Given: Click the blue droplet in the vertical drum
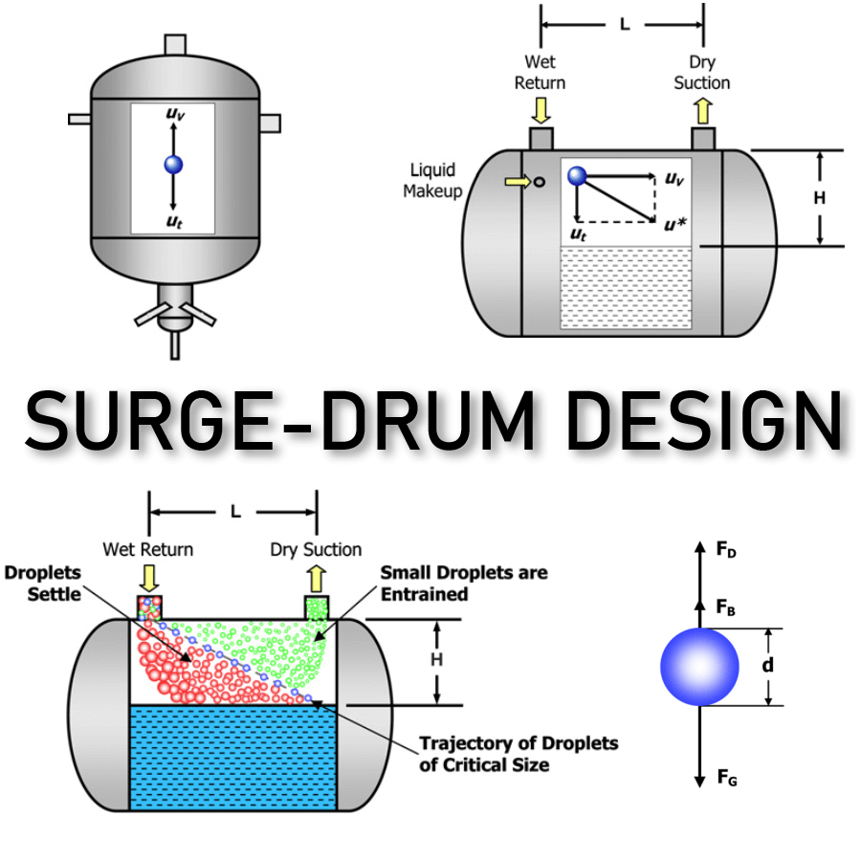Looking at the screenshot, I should point(173,164).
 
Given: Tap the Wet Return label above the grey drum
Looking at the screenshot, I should point(540,74).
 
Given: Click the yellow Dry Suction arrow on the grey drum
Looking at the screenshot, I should point(702,112).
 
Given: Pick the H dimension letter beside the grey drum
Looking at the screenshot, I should point(819,198).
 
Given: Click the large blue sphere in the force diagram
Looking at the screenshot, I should point(699,667).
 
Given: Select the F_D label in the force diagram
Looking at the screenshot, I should point(727,550).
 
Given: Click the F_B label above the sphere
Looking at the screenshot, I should point(727,607).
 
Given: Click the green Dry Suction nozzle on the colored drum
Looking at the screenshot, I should point(317,607).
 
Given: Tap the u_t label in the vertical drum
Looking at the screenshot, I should point(173,221).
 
